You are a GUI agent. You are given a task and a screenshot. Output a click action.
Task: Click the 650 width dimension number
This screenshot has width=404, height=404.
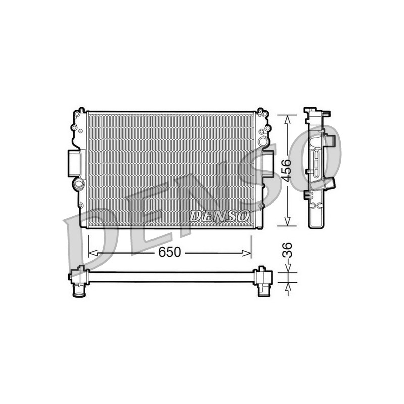tap(170, 252)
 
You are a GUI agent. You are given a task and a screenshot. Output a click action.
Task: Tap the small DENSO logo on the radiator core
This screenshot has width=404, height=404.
tap(220, 216)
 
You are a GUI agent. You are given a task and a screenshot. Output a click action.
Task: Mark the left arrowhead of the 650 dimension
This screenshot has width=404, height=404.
tap(91, 252)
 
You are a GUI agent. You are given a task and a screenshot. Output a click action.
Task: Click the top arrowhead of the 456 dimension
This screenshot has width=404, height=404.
tap(287, 118)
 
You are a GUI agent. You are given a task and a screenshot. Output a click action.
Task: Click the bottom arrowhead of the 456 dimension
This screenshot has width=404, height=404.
tap(287, 222)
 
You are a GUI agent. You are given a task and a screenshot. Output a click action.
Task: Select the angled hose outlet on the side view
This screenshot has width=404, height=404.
tap(330, 183)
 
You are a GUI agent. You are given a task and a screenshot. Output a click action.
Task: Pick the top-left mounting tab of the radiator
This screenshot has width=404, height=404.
tap(80, 110)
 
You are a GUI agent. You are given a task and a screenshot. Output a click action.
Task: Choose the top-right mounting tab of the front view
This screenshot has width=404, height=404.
tap(260, 110)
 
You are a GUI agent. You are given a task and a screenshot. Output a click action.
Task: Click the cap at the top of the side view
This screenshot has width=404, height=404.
tap(310, 110)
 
